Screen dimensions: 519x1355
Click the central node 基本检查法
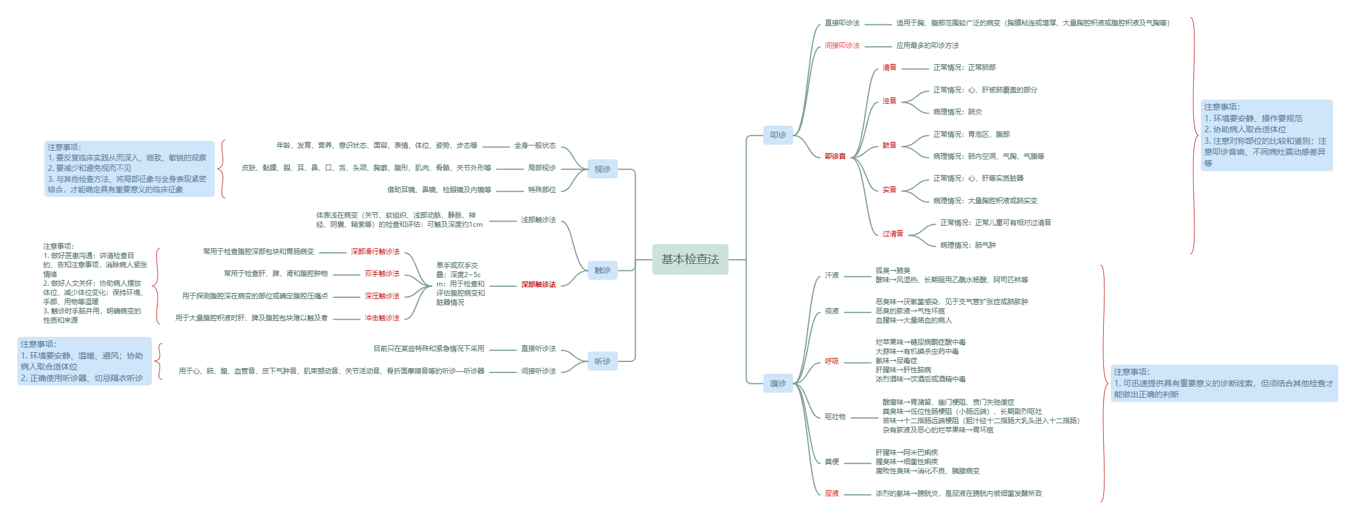(690, 259)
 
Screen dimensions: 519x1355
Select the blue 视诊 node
(602, 169)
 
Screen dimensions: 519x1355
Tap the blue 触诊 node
(602, 270)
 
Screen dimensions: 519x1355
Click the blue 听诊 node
(602, 361)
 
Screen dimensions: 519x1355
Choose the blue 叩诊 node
(778, 135)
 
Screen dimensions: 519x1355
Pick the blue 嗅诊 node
(778, 383)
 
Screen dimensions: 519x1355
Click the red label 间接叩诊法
(842, 45)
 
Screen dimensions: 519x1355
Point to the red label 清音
(889, 68)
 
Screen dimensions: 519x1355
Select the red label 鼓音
(889, 145)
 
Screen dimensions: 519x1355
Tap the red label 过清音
(893, 234)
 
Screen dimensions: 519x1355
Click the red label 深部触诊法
(538, 285)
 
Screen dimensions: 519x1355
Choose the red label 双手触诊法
(382, 274)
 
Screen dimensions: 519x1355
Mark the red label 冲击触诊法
(382, 318)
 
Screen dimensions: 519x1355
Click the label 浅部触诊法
(538, 220)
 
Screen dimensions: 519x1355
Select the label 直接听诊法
(538, 349)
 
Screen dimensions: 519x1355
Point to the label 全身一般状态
(535, 145)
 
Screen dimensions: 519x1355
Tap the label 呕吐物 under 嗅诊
(835, 417)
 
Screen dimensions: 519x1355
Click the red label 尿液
(831, 494)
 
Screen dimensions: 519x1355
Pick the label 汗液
(831, 275)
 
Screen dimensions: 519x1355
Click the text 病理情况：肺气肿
(968, 245)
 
